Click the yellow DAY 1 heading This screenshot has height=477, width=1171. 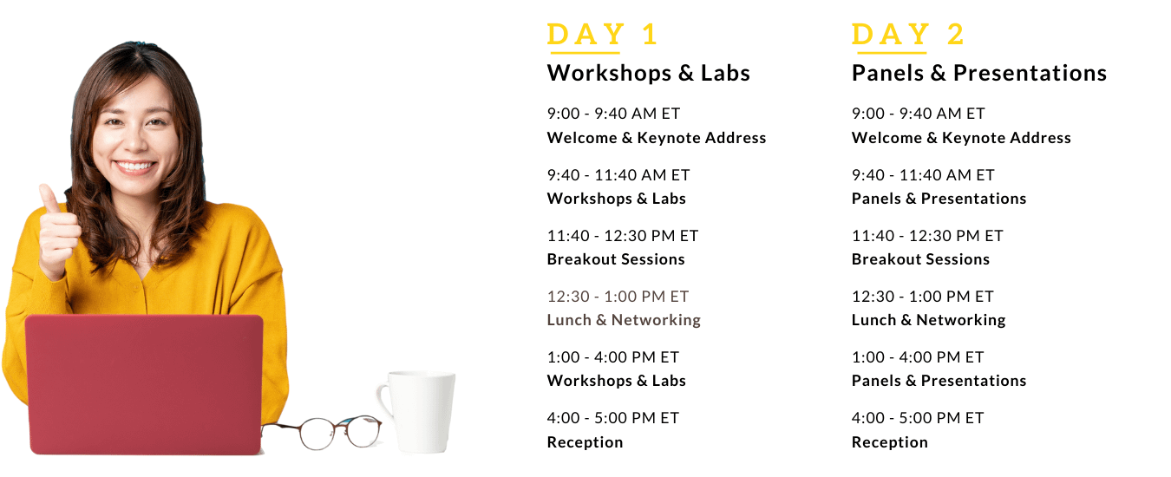click(602, 35)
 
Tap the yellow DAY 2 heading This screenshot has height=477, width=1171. click(907, 35)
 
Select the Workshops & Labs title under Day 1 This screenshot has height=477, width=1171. click(648, 73)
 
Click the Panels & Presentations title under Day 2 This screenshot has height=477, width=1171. click(979, 73)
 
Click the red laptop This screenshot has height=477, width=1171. click(144, 384)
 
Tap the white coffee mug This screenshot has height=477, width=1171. click(418, 411)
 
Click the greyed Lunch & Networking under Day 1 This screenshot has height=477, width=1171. click(624, 320)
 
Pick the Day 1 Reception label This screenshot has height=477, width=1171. click(585, 442)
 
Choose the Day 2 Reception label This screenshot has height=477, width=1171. click(890, 442)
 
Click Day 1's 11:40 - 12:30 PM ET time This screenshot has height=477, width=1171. click(623, 236)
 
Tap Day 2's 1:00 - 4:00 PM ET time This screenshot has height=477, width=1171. click(918, 357)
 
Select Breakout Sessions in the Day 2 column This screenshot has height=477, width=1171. click(920, 259)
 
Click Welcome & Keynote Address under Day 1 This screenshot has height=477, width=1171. click(657, 138)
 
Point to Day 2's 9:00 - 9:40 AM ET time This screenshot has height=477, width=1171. click(919, 114)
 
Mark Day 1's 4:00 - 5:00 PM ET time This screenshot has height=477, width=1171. click(613, 418)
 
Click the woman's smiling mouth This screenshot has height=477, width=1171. click(134, 167)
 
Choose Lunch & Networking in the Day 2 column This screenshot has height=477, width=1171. click(928, 320)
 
